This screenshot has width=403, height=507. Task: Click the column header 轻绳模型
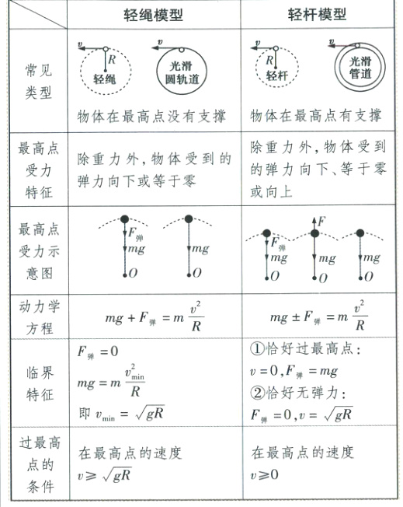point(155,15)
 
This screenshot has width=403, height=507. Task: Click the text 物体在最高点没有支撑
point(152,116)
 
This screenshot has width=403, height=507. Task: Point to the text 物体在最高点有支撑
point(316,116)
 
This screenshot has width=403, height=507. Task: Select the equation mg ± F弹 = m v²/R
point(318,316)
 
